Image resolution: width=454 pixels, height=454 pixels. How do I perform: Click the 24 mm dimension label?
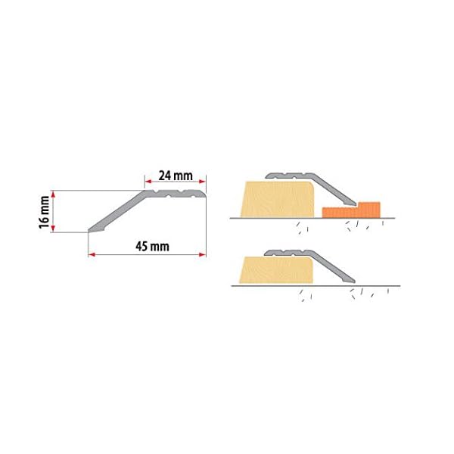(176, 176)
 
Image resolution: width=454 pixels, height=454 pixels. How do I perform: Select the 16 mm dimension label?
(45, 212)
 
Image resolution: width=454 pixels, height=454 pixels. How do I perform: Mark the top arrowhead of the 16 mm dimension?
(53, 193)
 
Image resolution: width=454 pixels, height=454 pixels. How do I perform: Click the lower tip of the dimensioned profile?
(90, 230)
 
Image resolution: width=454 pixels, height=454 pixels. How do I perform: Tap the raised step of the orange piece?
(368, 206)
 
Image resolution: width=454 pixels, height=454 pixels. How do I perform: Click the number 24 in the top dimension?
(166, 176)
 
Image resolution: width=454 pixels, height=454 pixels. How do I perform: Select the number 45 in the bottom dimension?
(139, 247)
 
